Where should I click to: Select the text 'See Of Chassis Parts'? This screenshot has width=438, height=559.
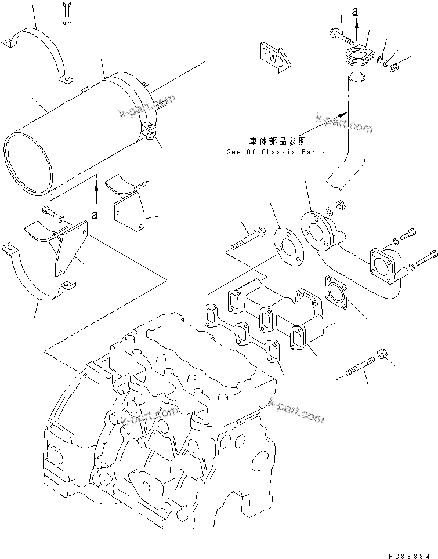click(x=277, y=152)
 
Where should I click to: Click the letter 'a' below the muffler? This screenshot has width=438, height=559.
click(x=95, y=215)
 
